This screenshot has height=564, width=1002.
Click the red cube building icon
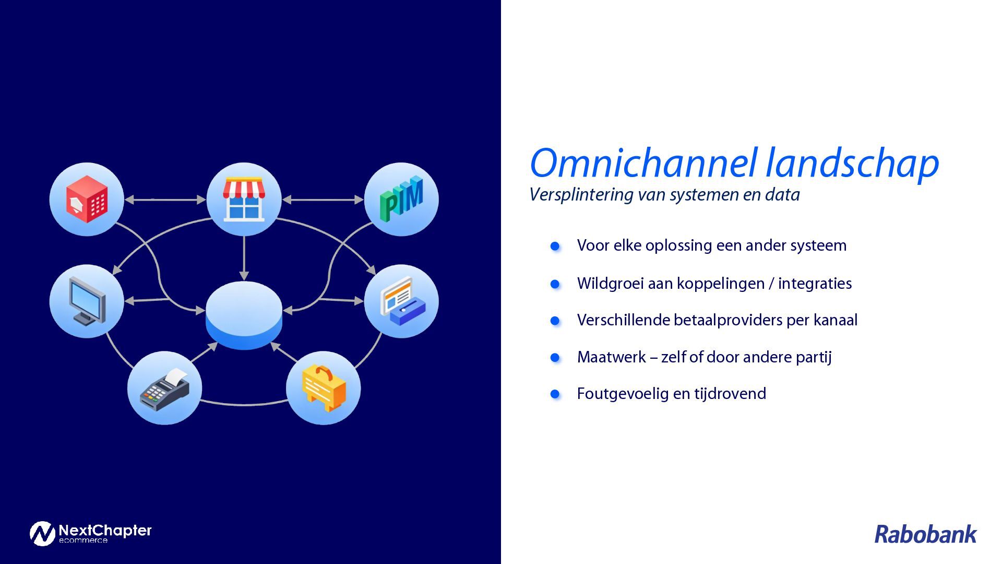click(87, 199)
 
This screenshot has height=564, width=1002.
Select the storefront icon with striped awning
click(244, 199)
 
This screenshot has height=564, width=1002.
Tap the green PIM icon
click(401, 199)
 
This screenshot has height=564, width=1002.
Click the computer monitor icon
click(87, 301)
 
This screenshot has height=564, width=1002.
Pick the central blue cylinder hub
click(244, 315)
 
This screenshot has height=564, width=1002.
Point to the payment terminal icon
click(164, 389)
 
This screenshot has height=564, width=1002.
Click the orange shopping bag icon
click(324, 388)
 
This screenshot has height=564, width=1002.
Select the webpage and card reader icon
click(401, 301)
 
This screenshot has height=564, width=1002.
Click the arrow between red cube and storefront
click(165, 199)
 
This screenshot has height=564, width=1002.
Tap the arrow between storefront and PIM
click(323, 199)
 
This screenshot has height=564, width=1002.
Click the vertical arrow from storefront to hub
click(244, 257)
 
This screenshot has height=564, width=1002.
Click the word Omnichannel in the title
click(643, 163)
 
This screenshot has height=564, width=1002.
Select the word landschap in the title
click(852, 163)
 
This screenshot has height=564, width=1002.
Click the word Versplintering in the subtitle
click(582, 195)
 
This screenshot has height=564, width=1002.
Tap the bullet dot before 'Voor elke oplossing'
click(555, 246)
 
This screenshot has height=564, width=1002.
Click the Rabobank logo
click(925, 534)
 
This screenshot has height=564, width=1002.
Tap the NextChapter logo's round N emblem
click(42, 533)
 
